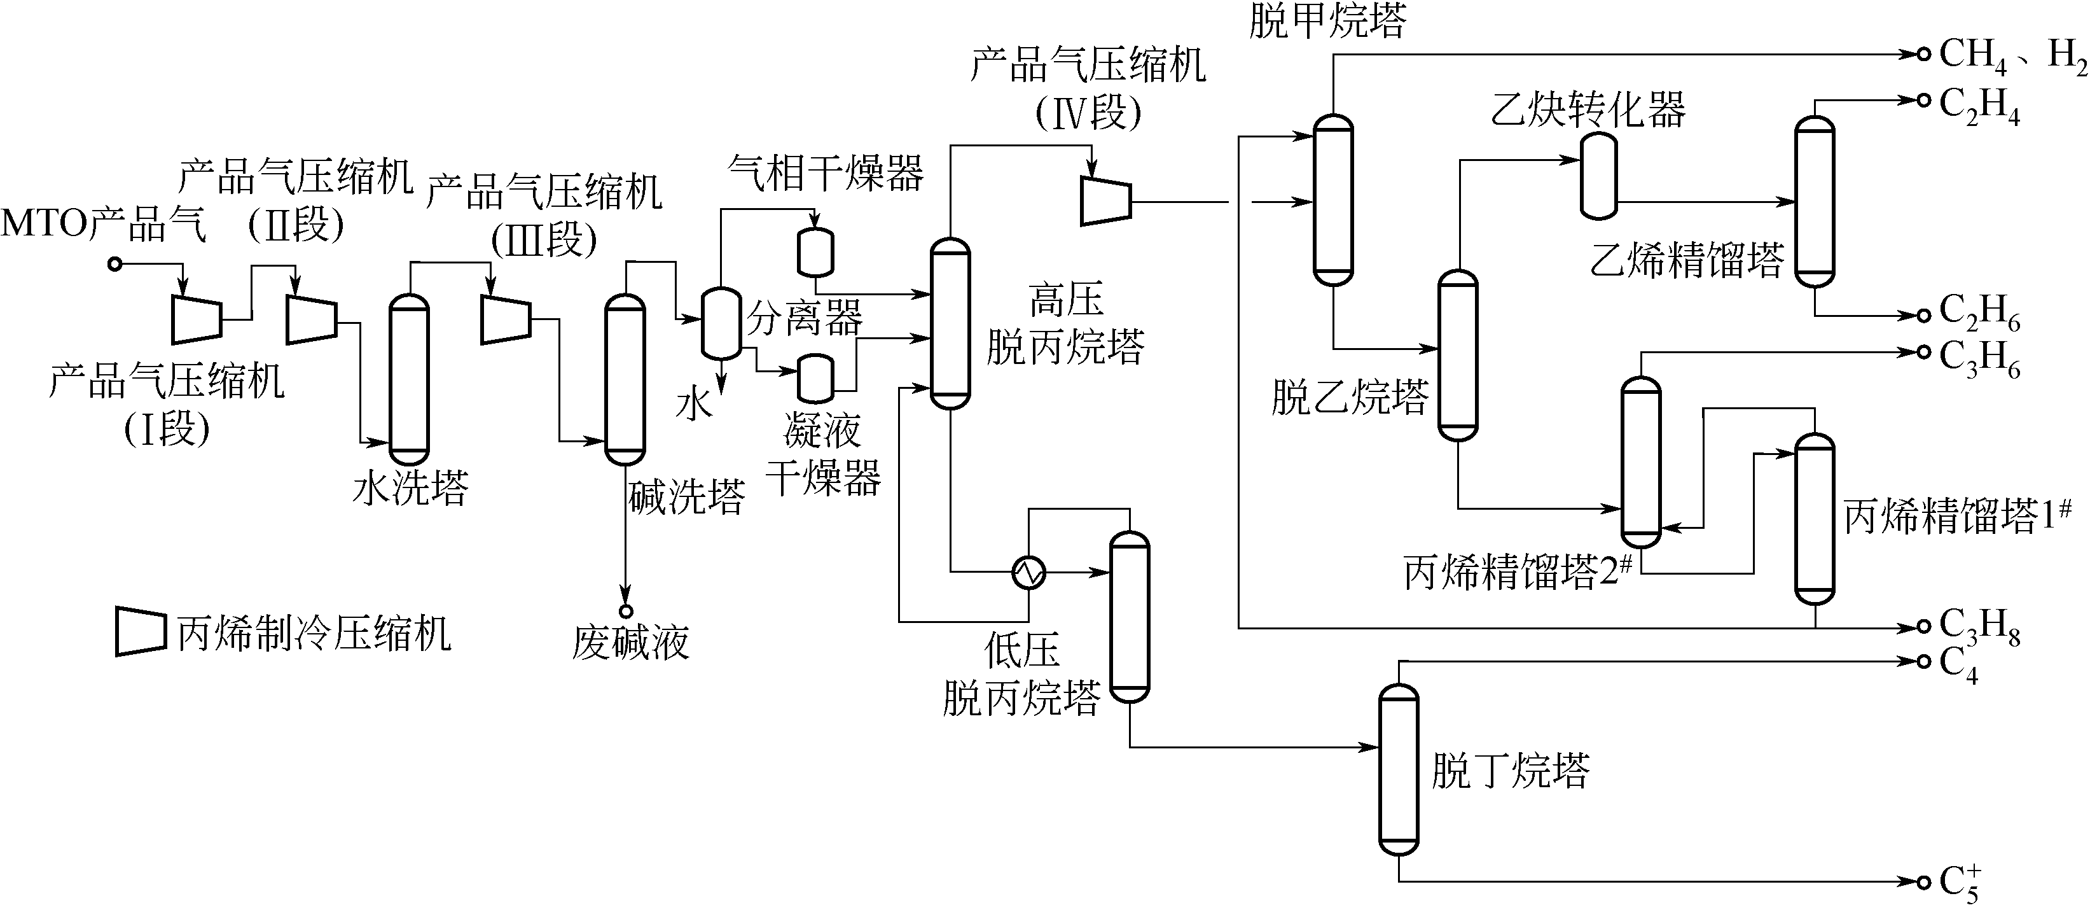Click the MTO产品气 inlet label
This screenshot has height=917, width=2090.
tap(104, 224)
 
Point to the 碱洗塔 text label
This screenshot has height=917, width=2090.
tap(686, 496)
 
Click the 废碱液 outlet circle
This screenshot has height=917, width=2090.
tap(626, 611)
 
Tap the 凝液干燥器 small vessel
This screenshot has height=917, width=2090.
tap(815, 378)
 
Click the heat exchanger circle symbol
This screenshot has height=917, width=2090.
tap(1028, 572)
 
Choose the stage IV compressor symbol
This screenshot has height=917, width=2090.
tap(1105, 200)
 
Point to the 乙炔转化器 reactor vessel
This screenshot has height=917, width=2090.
tap(1598, 176)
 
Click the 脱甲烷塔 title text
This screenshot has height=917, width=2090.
tap(1327, 20)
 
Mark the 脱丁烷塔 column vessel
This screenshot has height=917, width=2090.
tap(1399, 769)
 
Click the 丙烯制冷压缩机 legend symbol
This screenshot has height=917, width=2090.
tap(141, 631)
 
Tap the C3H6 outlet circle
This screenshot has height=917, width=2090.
tap(1923, 351)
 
